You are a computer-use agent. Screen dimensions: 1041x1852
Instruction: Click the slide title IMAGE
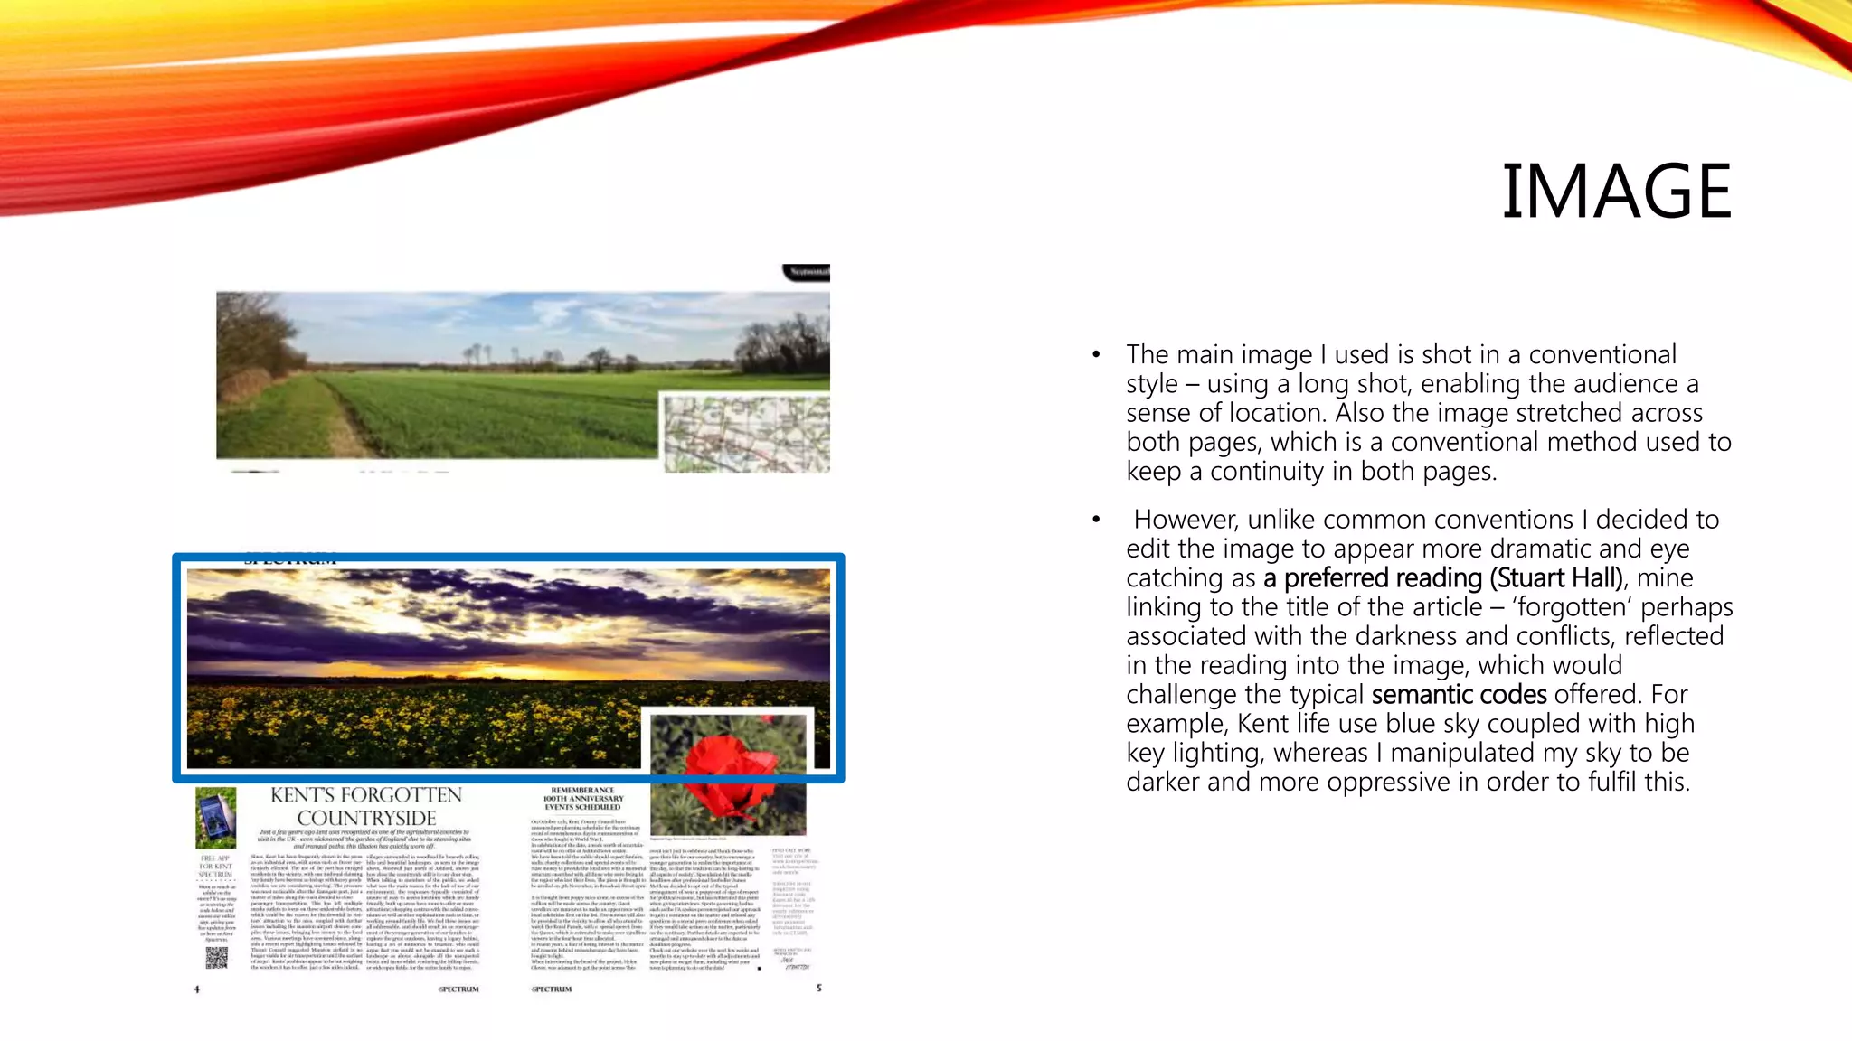point(1616,192)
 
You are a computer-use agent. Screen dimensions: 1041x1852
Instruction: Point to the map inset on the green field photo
point(745,433)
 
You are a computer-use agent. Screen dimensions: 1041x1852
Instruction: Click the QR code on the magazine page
point(216,956)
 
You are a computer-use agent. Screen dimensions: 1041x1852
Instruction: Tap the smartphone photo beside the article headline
point(215,816)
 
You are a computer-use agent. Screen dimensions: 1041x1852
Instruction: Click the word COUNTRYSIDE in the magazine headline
point(366,818)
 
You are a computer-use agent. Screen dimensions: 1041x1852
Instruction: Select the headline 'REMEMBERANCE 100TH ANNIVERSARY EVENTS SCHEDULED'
point(583,799)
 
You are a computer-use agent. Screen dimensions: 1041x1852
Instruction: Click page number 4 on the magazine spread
point(196,989)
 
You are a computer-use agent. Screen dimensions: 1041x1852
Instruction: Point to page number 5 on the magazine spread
point(819,989)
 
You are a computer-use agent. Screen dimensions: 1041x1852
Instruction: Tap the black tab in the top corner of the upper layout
point(806,272)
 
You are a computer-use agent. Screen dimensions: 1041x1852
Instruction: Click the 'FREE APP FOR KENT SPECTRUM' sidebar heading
point(215,867)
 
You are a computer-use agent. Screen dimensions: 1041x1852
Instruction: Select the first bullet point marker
point(1096,355)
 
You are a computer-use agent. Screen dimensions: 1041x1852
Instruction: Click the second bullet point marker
point(1096,520)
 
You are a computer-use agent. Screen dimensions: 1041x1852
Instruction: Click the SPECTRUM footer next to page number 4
point(458,989)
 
